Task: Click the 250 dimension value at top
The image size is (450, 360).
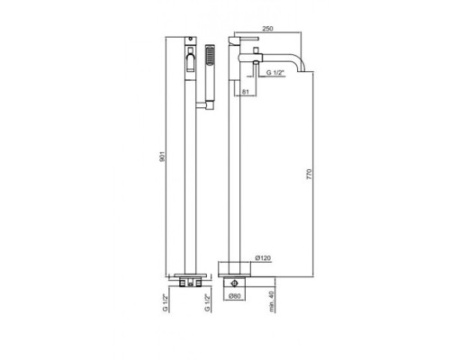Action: point(267,29)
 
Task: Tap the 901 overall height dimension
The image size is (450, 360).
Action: point(162,157)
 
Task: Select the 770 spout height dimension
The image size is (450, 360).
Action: point(310,175)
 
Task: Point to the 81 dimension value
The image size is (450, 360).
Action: point(245,92)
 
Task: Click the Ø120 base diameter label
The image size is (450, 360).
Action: point(263,258)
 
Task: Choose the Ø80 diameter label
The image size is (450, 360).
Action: point(235,296)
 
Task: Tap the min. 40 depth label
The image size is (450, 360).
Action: point(272,301)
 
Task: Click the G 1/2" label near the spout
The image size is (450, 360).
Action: point(275,73)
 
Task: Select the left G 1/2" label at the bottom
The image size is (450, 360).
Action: point(165,303)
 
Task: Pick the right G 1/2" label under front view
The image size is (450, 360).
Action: point(207,303)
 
